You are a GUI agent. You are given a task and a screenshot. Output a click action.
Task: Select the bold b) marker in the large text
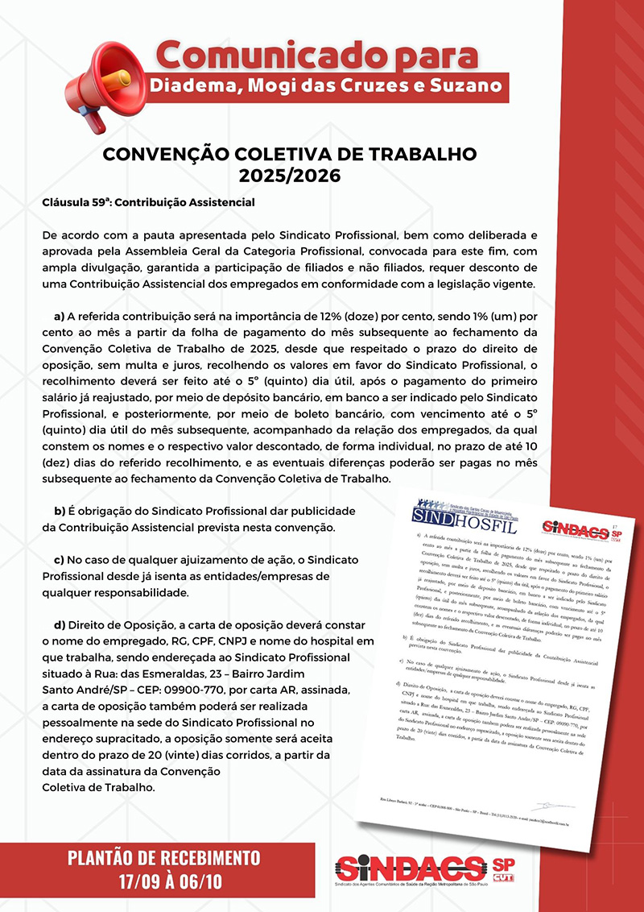point(59,512)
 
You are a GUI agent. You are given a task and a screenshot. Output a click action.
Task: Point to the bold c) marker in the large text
point(59,560)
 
